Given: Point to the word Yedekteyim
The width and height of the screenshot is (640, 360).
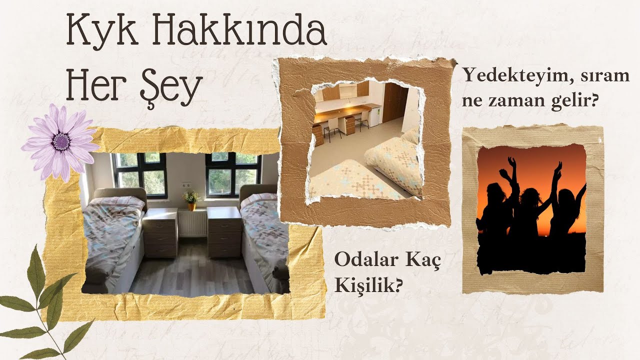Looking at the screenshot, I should (x=515, y=76).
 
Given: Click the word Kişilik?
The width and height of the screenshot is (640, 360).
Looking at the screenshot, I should (x=368, y=285).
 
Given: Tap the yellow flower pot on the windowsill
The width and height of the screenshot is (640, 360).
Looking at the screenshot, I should (x=191, y=205).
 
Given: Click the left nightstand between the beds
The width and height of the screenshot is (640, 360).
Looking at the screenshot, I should (x=160, y=232).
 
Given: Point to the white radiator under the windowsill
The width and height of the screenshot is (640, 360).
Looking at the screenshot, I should (x=192, y=223).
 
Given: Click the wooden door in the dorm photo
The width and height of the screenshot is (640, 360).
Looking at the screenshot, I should (x=395, y=102).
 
